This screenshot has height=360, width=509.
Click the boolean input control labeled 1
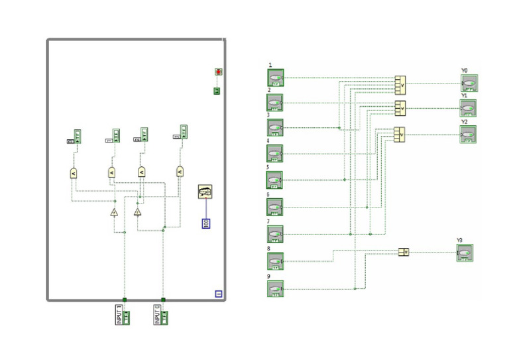point(275,77)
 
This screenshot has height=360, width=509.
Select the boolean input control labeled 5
point(275,180)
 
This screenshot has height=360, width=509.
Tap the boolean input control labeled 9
point(275,289)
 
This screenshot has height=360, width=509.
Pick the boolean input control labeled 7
point(275,234)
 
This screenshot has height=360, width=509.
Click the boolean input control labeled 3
point(275,127)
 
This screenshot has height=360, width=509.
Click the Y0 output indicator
point(469,83)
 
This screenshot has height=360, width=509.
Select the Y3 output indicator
point(465,253)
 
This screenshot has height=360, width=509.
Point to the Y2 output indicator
point(468,134)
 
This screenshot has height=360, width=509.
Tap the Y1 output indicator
point(468,108)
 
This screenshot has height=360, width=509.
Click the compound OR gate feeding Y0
point(400,84)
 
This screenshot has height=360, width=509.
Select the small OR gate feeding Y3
point(404,252)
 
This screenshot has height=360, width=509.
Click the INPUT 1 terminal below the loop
point(123,314)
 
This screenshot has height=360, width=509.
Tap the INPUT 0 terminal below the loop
point(161,314)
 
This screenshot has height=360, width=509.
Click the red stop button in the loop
point(218,72)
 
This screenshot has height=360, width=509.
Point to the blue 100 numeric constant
point(206,222)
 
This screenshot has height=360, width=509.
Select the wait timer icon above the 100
point(205,192)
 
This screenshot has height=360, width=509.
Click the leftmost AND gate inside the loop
point(74,172)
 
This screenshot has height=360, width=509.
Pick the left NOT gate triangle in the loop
point(114,212)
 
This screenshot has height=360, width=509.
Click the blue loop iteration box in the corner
point(218,294)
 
